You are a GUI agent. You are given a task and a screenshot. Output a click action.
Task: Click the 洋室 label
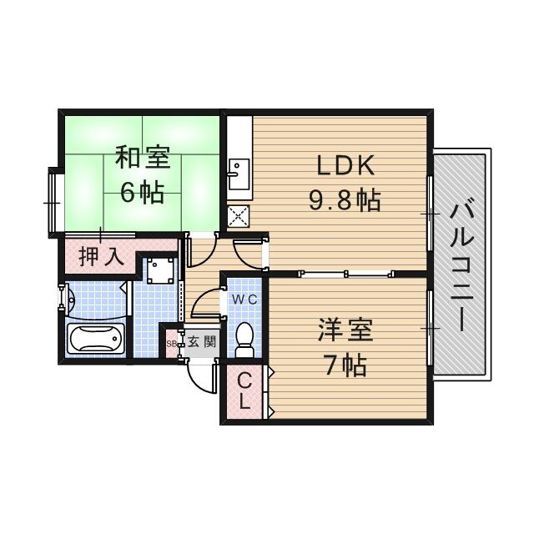[342, 330]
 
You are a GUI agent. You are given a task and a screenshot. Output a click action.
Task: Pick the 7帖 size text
[342, 365]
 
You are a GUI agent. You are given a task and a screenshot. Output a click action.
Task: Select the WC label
[244, 299]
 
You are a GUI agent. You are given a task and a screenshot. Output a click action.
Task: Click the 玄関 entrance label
[200, 342]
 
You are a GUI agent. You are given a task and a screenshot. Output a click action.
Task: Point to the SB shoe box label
[171, 343]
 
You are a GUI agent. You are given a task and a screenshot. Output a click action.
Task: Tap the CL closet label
[244, 390]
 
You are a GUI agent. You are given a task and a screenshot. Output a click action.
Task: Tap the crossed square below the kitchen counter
[238, 216]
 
